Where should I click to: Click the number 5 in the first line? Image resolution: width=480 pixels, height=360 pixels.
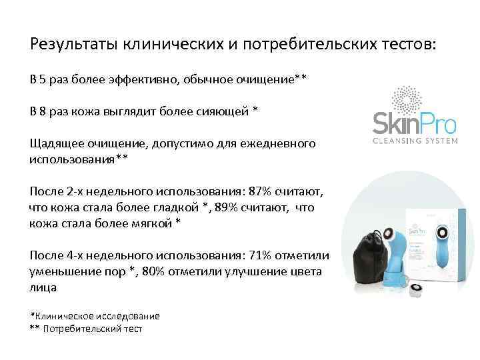tap(41, 80)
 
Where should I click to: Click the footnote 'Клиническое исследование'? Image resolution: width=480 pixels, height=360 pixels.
tap(98, 316)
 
